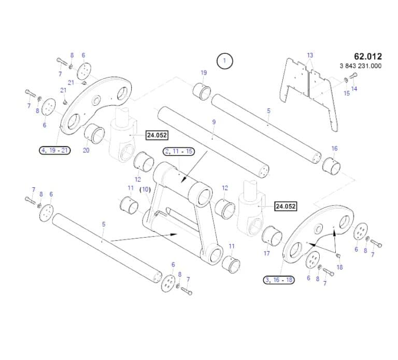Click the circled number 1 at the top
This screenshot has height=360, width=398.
225,61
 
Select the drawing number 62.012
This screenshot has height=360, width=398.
367,57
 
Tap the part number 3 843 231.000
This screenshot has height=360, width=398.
361,66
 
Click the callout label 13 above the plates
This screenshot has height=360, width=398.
310,55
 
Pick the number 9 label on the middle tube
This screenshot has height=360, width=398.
214,121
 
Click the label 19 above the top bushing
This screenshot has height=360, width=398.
204,73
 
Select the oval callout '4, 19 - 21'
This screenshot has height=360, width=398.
55,150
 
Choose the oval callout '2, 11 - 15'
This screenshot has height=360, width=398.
179,151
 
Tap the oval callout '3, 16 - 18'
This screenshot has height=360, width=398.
279,280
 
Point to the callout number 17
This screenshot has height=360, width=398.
267,254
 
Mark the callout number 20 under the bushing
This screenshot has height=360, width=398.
86,150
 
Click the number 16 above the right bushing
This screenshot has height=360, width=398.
334,148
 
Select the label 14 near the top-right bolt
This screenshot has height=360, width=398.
354,89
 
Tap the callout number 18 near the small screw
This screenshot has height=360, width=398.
340,267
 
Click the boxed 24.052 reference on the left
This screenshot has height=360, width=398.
157,135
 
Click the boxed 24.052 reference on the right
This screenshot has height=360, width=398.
286,206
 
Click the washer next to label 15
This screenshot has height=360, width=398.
345,80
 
